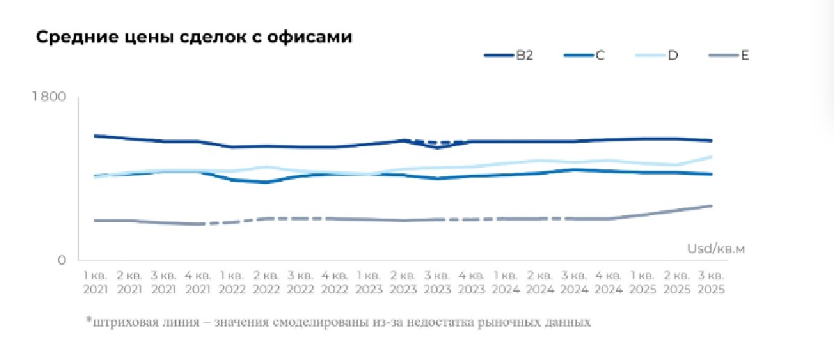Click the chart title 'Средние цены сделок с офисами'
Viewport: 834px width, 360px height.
click(x=194, y=38)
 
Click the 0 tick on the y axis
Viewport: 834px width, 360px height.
click(x=61, y=260)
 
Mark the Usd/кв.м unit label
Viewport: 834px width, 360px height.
click(x=716, y=249)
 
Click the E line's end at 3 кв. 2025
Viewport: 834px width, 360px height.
click(x=711, y=206)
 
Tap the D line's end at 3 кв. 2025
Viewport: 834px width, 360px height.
click(x=711, y=157)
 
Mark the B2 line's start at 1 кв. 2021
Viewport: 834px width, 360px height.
click(x=95, y=136)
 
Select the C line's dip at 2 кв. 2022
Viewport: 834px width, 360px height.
click(x=265, y=182)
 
